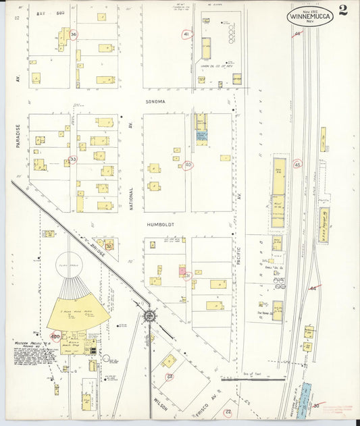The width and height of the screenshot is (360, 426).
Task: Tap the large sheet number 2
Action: (x=344, y=10)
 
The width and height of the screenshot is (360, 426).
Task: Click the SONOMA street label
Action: (x=155, y=101)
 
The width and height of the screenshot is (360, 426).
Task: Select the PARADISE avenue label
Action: (x=19, y=139)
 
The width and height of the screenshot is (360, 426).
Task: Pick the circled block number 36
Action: (x=74, y=34)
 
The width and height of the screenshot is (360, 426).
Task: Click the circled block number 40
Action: (x=188, y=165)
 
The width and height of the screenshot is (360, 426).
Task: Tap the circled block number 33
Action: (x=73, y=159)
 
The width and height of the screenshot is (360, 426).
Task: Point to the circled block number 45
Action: (x=297, y=163)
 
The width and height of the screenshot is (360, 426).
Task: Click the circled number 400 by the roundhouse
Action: (x=55, y=336)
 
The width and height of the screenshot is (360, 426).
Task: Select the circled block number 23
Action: (x=170, y=377)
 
